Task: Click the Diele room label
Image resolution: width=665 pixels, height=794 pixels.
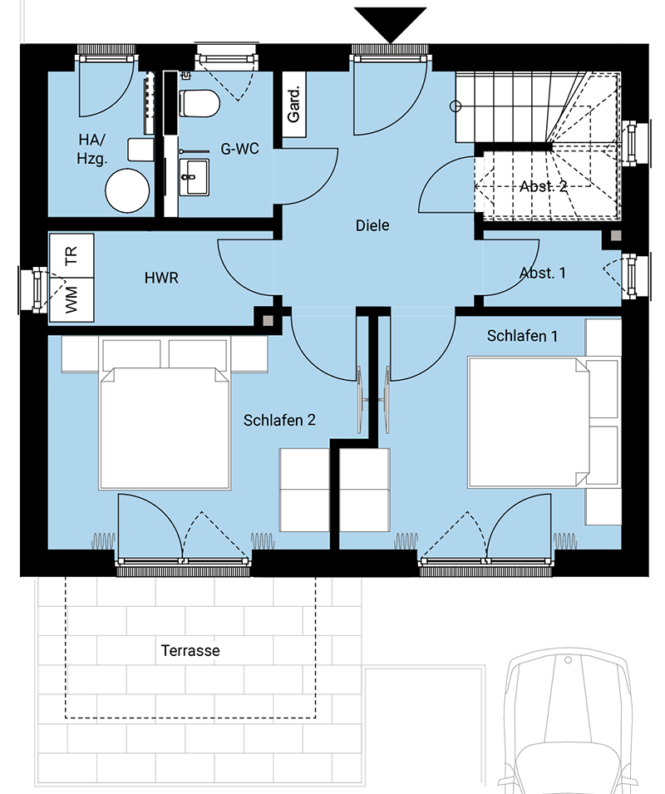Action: click(x=372, y=225)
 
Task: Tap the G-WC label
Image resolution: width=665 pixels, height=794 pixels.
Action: click(x=240, y=149)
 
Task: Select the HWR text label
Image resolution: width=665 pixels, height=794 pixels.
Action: click(x=161, y=278)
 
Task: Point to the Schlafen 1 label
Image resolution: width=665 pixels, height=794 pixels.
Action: click(x=522, y=336)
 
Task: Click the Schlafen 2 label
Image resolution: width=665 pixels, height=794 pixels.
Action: click(x=279, y=421)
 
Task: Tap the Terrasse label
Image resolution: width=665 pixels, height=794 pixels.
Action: click(x=190, y=651)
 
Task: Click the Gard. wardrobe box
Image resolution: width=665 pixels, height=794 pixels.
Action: click(x=293, y=104)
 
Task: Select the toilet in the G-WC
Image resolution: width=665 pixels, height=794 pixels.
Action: click(x=199, y=103)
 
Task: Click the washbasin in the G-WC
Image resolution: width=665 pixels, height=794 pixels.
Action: click(x=195, y=177)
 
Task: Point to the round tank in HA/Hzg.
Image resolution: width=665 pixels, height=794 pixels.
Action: click(x=127, y=190)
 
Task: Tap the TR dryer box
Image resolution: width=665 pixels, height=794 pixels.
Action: click(x=71, y=255)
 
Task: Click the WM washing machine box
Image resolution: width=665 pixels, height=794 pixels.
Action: click(x=71, y=299)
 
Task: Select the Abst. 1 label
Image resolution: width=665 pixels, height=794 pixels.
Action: click(x=543, y=274)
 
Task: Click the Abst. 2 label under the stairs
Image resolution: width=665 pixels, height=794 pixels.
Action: click(x=544, y=187)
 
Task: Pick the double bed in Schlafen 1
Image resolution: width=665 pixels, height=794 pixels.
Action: click(x=528, y=422)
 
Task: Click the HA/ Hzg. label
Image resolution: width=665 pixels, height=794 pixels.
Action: click(x=92, y=149)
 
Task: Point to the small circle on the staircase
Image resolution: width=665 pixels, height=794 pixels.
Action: click(x=456, y=106)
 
